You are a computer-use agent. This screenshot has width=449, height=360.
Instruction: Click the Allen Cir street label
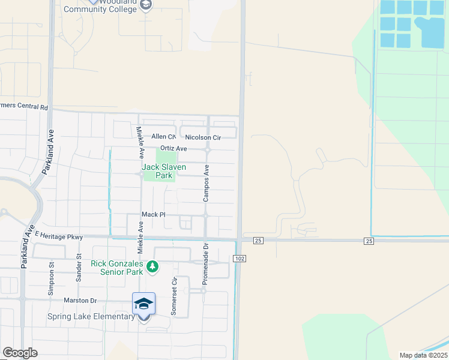pos(163,137)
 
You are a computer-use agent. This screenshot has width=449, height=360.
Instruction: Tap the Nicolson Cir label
pos(203,137)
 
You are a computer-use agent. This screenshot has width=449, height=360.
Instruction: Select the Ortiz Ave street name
pos(173,149)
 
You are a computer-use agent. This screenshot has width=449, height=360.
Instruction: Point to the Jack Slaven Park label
pos(164,171)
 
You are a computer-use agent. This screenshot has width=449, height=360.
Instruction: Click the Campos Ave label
pos(206,183)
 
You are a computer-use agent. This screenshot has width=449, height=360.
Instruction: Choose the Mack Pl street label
pos(153,214)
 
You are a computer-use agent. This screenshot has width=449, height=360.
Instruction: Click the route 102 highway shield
pos(239,258)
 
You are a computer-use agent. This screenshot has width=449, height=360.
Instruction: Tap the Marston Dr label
pos(80,300)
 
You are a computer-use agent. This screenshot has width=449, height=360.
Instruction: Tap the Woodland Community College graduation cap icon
pos(145,5)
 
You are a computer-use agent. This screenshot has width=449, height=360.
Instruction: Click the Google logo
pos(20,353)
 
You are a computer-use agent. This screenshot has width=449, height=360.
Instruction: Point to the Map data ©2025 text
pos(423,355)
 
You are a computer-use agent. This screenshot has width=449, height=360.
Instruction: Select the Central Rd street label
pos(24,107)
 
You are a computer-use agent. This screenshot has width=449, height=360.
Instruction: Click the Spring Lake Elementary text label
pos(92,316)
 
